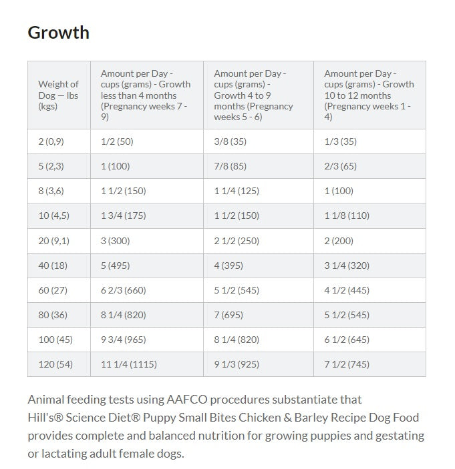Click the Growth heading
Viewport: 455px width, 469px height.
click(x=58, y=32)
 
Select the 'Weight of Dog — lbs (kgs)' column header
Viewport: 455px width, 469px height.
click(x=58, y=95)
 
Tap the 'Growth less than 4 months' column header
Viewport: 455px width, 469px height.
click(x=146, y=95)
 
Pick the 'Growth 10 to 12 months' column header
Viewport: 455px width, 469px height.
click(x=369, y=95)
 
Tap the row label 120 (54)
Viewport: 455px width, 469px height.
click(x=55, y=364)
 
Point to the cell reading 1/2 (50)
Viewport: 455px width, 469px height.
click(x=117, y=141)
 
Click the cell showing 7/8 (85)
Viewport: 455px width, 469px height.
click(x=230, y=166)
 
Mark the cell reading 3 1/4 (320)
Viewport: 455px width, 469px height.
click(x=347, y=266)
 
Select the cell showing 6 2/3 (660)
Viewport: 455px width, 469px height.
click(x=123, y=290)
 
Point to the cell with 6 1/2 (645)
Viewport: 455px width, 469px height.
click(x=347, y=340)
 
